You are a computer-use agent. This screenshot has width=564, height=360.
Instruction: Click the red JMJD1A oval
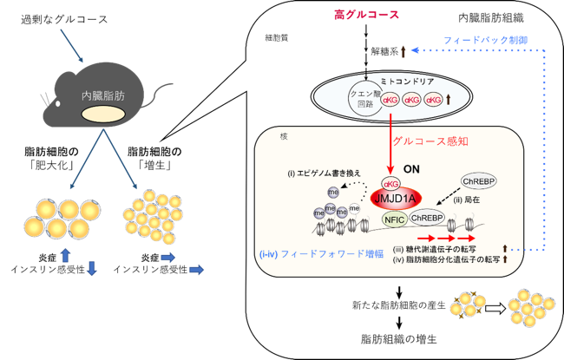pos(396,198)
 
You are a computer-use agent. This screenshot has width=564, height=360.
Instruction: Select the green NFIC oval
pos(394,219)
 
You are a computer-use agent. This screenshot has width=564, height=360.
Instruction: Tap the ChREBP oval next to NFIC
pos(427,218)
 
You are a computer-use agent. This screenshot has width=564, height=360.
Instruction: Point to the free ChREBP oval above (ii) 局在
pos(479,181)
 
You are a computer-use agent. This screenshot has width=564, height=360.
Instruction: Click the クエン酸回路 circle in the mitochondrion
pos(365,99)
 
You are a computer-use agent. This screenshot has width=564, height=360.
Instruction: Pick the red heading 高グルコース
pos(366,15)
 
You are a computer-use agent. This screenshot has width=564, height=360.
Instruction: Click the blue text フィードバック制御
pos(486,40)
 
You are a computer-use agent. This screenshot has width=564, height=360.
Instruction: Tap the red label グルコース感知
pos(430,141)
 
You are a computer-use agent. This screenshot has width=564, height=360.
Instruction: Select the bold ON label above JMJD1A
pos(411,169)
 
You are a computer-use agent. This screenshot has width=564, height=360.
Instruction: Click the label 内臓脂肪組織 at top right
pos(491,18)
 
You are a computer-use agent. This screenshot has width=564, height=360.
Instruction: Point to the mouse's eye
pos(57,104)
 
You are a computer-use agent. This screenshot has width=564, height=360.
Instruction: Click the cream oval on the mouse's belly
pos(103,115)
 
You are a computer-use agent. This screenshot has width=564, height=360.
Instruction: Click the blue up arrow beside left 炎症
pos(65,255)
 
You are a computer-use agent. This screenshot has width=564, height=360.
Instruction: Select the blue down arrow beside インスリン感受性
pos(92,269)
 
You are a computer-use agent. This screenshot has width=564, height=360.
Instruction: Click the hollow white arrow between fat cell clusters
pos(495,309)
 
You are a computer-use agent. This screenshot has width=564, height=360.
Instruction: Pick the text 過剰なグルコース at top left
pos(64,19)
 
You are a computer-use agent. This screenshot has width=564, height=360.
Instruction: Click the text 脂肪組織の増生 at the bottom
pos(399,339)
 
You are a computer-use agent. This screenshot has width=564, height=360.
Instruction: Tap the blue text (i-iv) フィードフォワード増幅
pos(321,254)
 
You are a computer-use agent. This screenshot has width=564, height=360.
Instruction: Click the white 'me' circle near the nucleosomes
pos(354,208)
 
